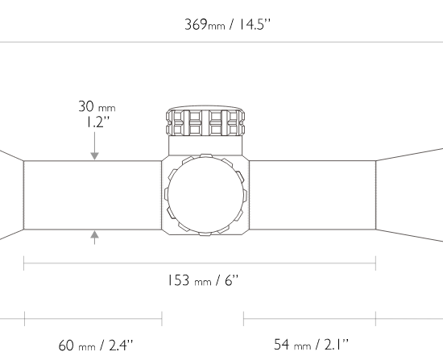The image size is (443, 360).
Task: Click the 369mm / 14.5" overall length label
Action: click(x=227, y=24)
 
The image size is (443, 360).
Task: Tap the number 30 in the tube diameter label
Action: click(x=86, y=106)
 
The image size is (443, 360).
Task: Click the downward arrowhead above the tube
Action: click(x=95, y=156)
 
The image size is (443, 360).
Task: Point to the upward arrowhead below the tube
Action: click(x=95, y=234)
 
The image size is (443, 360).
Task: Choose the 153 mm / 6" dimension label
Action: click(x=203, y=280)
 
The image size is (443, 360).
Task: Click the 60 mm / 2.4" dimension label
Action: click(x=96, y=346)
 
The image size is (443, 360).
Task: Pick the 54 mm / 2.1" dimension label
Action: click(x=312, y=345)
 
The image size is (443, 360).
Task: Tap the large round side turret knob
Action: click(x=205, y=195)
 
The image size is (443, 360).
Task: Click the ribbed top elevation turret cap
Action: click(x=205, y=121)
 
